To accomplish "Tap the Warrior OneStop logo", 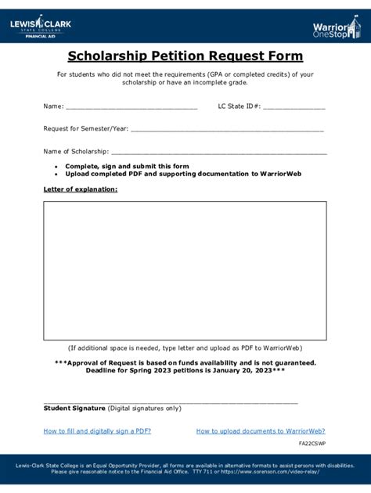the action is [336, 30].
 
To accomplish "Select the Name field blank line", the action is [131, 108].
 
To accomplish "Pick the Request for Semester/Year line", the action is [227, 130].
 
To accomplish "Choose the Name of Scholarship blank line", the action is [219, 153].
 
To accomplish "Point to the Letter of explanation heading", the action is [81, 189].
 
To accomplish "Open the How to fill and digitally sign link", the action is [98, 431].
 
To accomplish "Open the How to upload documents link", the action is [261, 431].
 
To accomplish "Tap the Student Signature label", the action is [74, 408].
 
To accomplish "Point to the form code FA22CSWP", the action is [312, 444].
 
